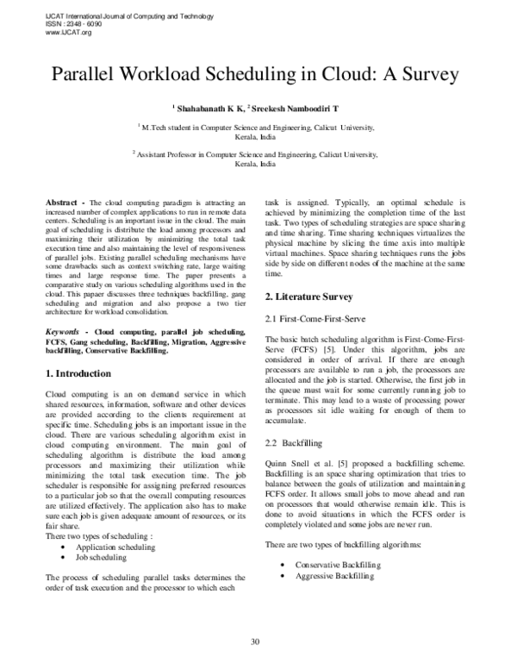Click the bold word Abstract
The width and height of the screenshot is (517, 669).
[64, 200]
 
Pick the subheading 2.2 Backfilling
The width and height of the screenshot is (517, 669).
[293, 442]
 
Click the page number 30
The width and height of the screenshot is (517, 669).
[255, 641]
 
